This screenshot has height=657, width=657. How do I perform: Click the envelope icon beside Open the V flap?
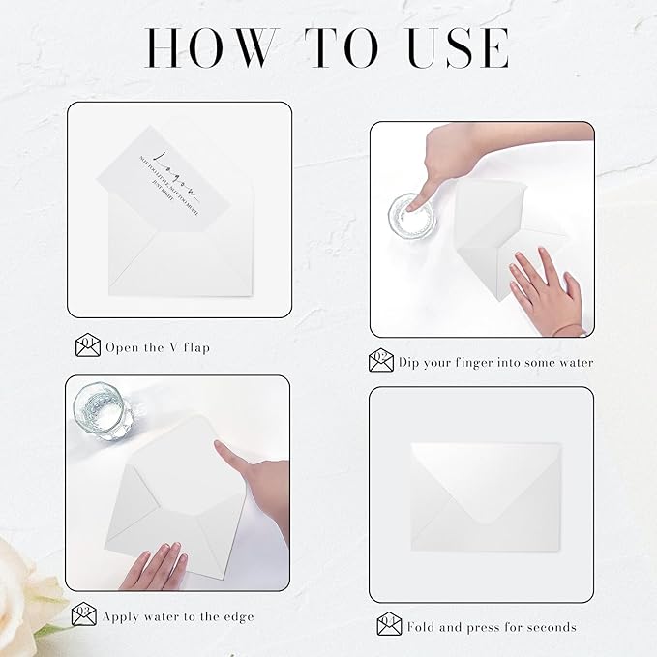pos(88,345)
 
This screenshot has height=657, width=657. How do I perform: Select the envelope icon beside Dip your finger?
pos(382,362)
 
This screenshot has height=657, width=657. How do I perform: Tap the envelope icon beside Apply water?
pos(84,614)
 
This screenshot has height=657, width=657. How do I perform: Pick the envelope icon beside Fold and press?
pos(389,625)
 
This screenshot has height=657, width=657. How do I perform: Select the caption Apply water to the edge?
pos(180,615)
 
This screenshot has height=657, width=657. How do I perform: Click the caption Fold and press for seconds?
pos(492,626)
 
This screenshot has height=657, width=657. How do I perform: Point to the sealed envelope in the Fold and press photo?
pos(480,493)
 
